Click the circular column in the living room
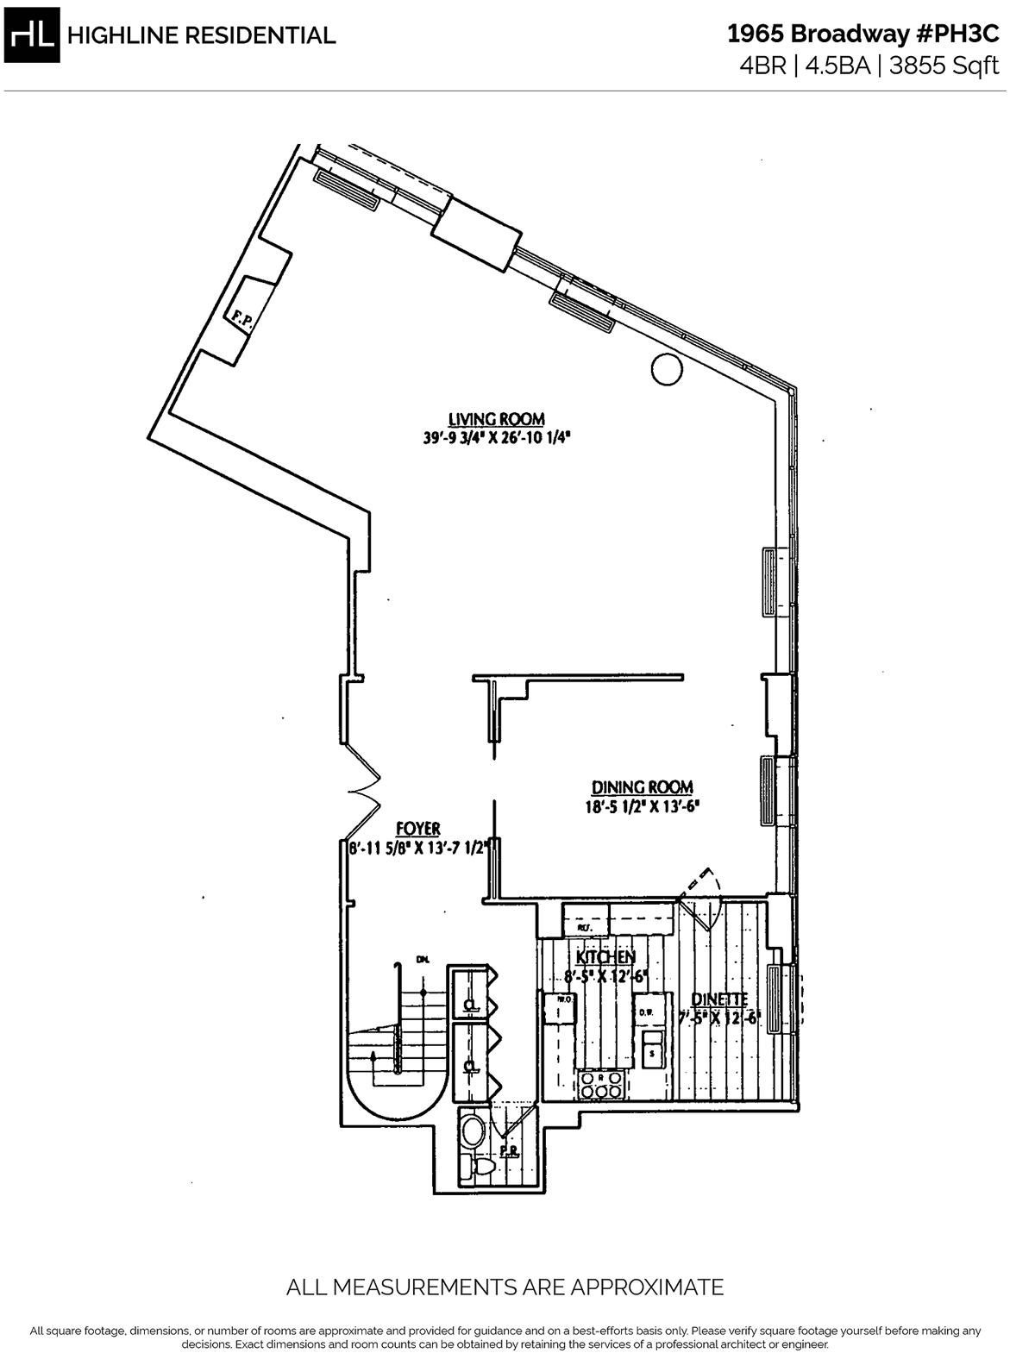click(x=666, y=368)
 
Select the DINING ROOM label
click(x=642, y=786)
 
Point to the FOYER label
click(x=419, y=829)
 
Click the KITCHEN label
click(x=605, y=957)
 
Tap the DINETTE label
click(x=719, y=999)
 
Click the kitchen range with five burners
click(x=601, y=1085)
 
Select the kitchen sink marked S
click(x=652, y=1051)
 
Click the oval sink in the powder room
click(x=473, y=1130)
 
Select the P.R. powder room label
click(x=509, y=1152)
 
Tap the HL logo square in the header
click(x=32, y=34)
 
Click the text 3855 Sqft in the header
click(x=946, y=66)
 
